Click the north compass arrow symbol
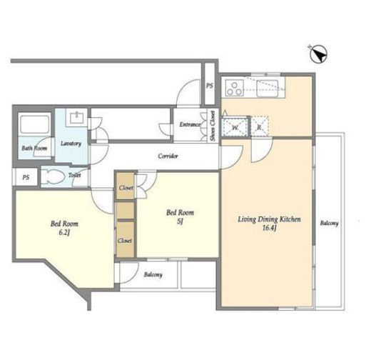tap(319, 54)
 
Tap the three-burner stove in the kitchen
tap(235, 88)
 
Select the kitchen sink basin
tap(267, 89)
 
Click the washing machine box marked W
tap(235, 127)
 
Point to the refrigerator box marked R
tap(260, 126)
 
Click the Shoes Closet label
tap(213, 126)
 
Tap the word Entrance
tap(190, 124)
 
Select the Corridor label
tap(168, 156)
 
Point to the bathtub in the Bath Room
tap(35, 124)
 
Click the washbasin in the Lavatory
tap(76, 118)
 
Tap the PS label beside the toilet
tap(26, 177)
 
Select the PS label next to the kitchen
tap(210, 86)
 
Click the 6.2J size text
tap(64, 232)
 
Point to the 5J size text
tap(180, 221)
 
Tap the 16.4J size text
tap(269, 228)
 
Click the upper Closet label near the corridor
tap(126, 188)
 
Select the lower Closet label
tap(125, 241)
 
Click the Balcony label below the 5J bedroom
tap(153, 275)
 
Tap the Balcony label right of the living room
tap(329, 223)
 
